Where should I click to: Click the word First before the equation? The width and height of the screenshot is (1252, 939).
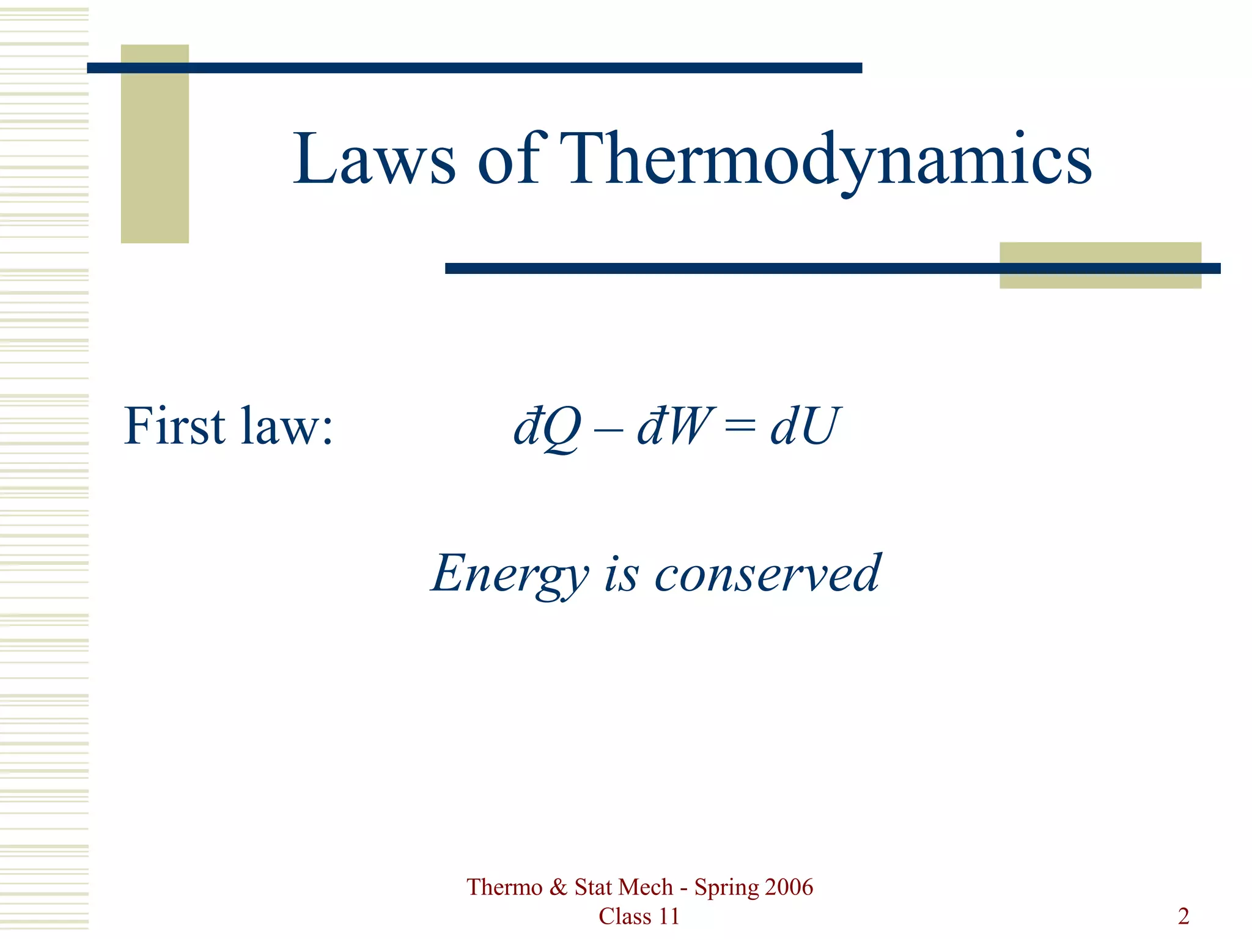click(175, 425)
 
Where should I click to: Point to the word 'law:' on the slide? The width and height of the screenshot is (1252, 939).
click(287, 427)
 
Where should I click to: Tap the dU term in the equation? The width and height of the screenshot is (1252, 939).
click(805, 425)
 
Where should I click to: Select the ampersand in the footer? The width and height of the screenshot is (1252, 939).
click(558, 887)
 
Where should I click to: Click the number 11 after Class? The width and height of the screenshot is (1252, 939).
click(668, 916)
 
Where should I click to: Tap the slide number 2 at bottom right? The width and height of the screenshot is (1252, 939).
click(1184, 916)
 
